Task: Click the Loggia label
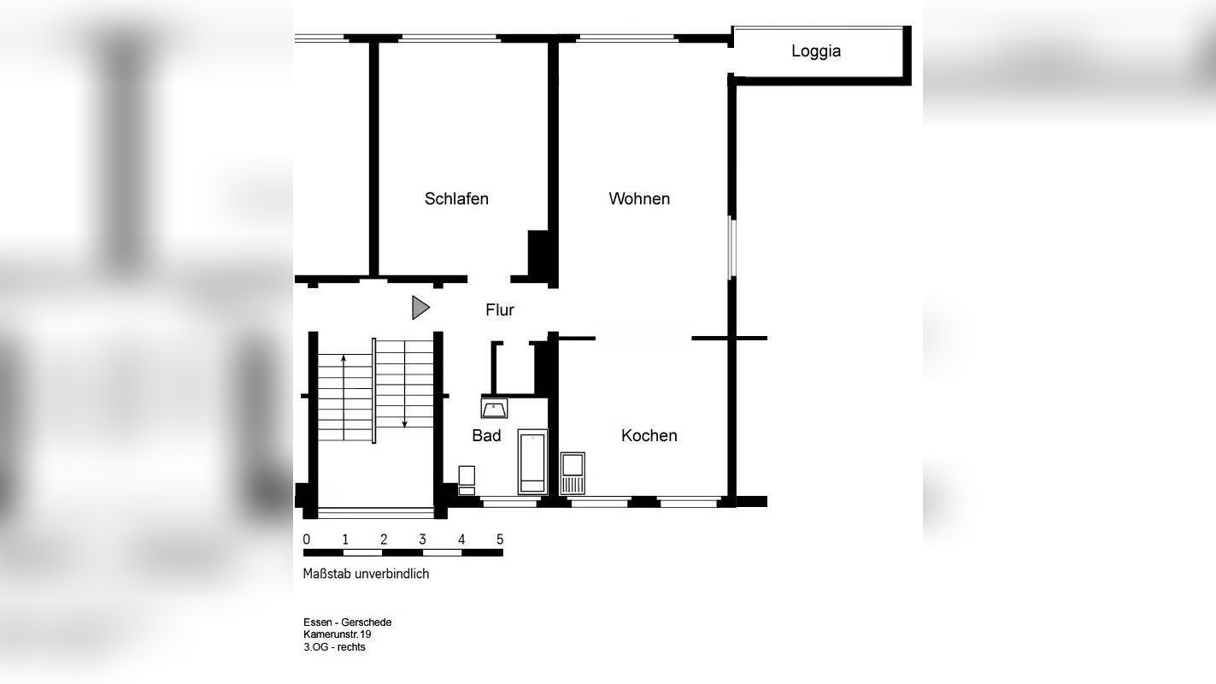click(815, 51)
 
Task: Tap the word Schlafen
click(456, 198)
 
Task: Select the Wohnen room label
click(638, 198)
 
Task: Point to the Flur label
click(500, 310)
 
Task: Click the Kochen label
click(649, 435)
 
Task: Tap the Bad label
click(486, 435)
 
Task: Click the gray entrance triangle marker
click(420, 307)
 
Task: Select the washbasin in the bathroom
click(494, 409)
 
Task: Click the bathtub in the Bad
click(532, 462)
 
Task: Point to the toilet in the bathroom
click(467, 480)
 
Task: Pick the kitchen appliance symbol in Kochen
click(573, 473)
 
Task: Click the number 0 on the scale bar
click(307, 540)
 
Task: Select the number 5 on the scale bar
click(500, 540)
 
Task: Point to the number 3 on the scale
click(422, 540)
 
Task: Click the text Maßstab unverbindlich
click(366, 574)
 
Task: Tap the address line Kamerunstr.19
click(338, 634)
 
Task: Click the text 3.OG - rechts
click(334, 647)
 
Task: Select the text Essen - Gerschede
click(347, 622)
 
